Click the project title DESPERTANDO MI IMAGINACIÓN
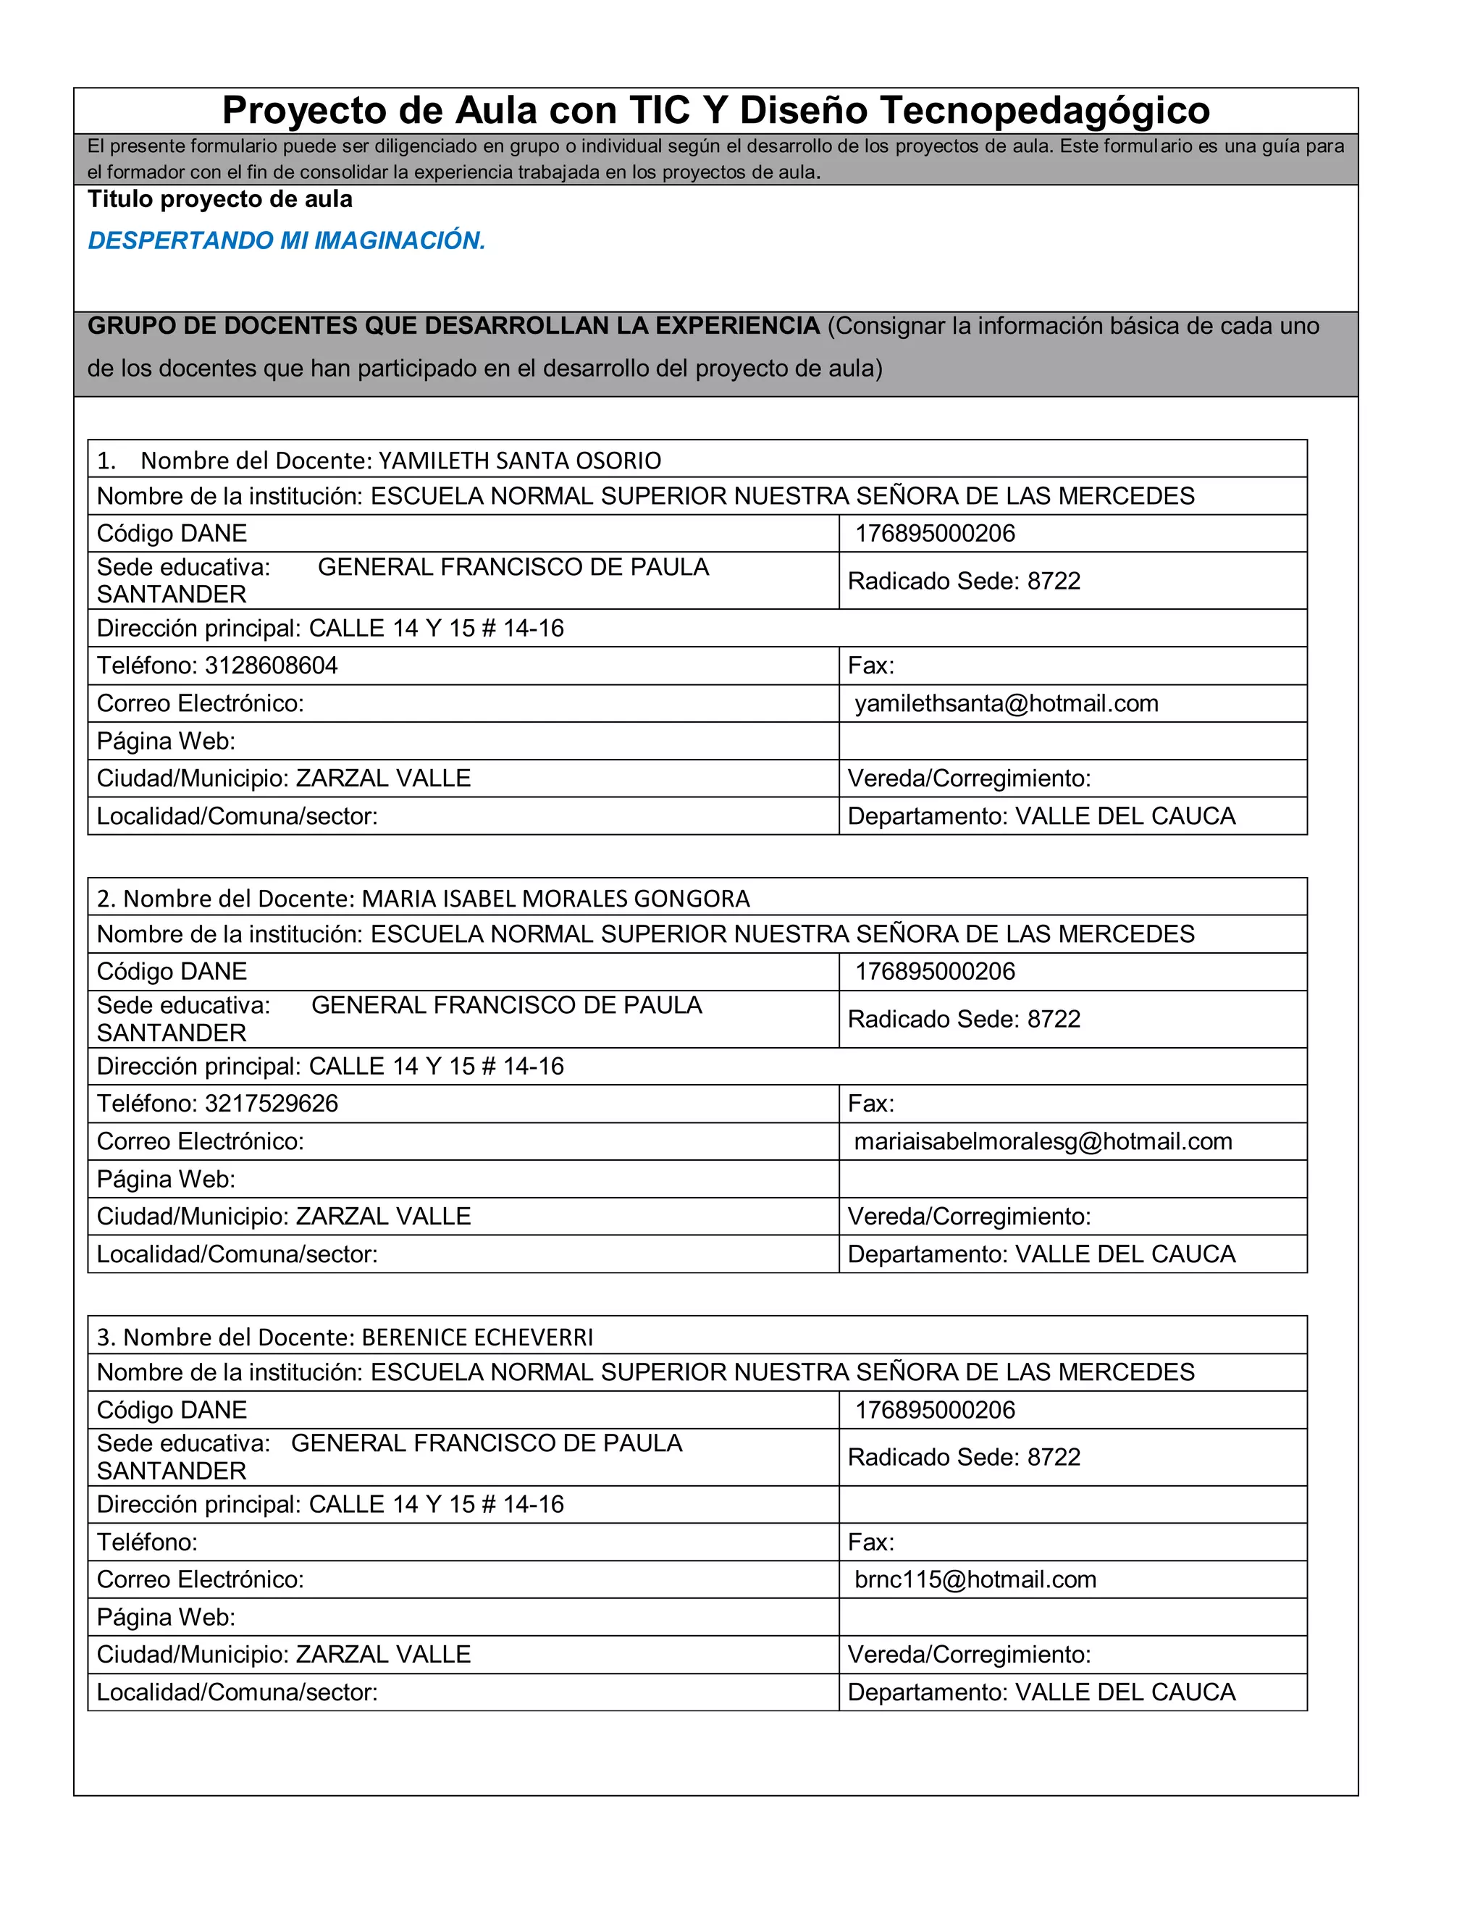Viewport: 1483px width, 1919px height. pyautogui.click(x=287, y=240)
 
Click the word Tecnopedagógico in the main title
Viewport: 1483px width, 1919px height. pyautogui.click(x=1045, y=111)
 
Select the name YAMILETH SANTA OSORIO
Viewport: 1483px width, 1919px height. pyautogui.click(x=519, y=461)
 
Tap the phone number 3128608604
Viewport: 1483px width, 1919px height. pyautogui.click(x=271, y=666)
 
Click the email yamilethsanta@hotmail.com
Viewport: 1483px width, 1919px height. pyautogui.click(x=1006, y=704)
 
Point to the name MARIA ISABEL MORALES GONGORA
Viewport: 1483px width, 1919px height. pyautogui.click(x=555, y=899)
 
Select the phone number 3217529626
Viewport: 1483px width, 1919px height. pyautogui.click(x=271, y=1104)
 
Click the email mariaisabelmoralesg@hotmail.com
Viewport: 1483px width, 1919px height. pyautogui.click(x=1043, y=1141)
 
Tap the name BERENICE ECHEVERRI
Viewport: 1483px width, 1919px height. pyautogui.click(x=477, y=1338)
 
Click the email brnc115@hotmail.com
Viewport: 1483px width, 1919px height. pyautogui.click(x=975, y=1580)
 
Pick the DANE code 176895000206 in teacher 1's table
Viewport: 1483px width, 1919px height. pyautogui.click(x=935, y=534)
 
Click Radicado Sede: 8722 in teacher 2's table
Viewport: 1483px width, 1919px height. pyautogui.click(x=964, y=1020)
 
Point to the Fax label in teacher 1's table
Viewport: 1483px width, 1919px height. pyautogui.click(x=870, y=666)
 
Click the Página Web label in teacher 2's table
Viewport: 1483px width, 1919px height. pyautogui.click(x=166, y=1179)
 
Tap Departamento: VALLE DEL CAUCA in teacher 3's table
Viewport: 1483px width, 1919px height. pyautogui.click(x=1041, y=1692)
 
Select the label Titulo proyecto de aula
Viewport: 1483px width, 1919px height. pyautogui.click(x=219, y=199)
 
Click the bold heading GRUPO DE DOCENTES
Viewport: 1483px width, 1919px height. pyautogui.click(x=453, y=326)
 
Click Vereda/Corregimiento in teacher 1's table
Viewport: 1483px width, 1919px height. pyautogui.click(x=969, y=778)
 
